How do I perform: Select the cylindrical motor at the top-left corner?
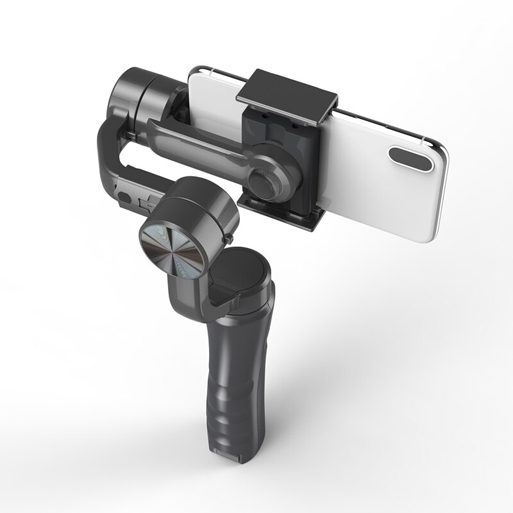point(138,93)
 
